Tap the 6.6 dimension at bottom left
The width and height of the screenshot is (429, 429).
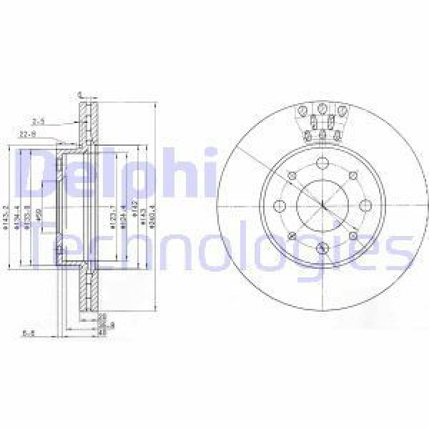(29, 332)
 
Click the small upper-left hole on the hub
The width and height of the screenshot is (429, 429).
(292, 174)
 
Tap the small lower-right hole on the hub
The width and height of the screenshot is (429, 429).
(353, 236)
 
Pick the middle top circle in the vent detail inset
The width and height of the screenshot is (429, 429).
(322, 109)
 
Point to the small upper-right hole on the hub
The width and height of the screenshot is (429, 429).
(353, 174)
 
